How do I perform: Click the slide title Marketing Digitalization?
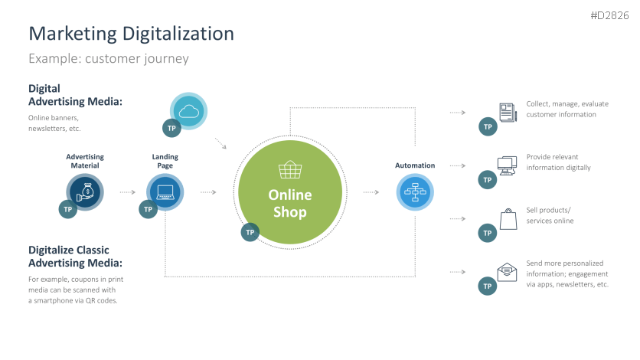coord(131,34)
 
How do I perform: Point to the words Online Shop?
coord(289,204)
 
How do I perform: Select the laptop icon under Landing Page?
coord(165,191)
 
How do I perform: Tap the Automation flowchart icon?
coord(415,191)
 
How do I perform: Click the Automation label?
coord(415,165)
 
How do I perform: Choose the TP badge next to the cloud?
coord(172,128)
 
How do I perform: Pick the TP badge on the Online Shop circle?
coord(250,232)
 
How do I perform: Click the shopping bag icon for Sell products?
coord(507,219)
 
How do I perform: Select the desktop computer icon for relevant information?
coord(507,165)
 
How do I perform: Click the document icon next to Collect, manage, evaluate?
coord(507,112)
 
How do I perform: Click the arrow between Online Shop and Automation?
coord(371,192)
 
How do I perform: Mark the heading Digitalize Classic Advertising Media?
coord(75,257)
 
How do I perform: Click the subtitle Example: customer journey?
coord(108,59)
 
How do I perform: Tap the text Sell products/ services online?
coord(550,215)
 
